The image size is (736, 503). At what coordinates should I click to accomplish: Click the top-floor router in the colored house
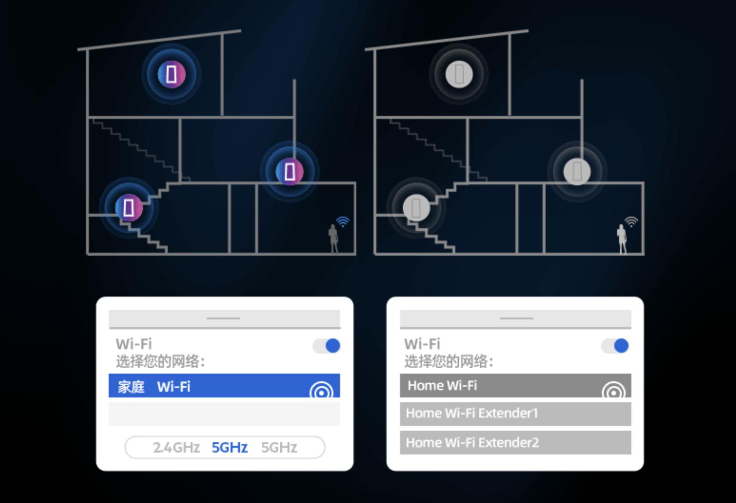pos(171,74)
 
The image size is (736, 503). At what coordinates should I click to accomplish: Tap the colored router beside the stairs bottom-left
pos(129,207)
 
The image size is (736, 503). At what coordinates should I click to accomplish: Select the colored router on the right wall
pos(290,171)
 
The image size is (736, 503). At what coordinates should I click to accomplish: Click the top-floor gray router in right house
pos(459,74)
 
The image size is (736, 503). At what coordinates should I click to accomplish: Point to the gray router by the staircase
pos(416,207)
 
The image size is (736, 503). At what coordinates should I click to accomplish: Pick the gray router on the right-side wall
pos(577,171)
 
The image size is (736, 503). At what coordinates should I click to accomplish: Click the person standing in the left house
pos(333,238)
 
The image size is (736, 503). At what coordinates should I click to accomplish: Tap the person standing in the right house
pos(622,238)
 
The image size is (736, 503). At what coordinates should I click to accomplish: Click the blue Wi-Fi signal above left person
pos(343,221)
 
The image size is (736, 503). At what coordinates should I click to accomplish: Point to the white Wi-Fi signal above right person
pos(631,221)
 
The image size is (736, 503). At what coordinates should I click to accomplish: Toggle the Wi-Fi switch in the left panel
pos(327,345)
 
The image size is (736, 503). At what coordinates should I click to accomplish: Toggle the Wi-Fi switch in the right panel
pos(615,345)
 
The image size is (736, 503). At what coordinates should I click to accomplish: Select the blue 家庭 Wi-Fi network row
pos(211,386)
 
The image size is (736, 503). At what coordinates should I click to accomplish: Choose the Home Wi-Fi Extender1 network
pos(515,413)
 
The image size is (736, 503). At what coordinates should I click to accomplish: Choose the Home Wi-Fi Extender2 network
pos(515,442)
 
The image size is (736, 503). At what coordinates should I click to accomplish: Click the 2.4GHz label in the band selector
pos(176,447)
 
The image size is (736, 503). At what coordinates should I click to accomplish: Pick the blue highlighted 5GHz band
pos(230,447)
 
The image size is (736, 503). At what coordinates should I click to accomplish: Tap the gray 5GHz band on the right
pos(279,447)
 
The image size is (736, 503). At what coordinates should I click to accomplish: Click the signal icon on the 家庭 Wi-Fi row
pos(321,390)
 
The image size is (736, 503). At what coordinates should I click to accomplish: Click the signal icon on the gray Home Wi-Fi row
pos(613,390)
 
